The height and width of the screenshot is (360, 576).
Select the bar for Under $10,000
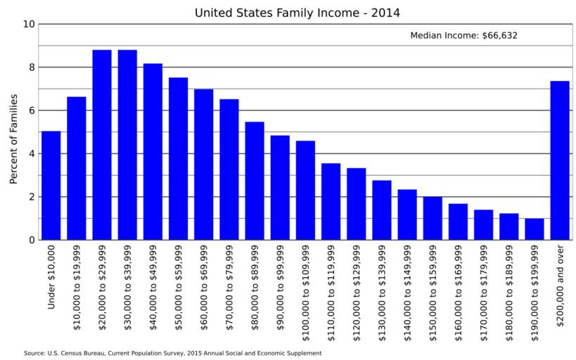click(51, 186)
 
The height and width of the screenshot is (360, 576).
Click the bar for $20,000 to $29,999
click(102, 145)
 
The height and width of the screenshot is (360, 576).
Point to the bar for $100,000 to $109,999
click(305, 191)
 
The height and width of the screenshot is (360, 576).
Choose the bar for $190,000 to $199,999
click(535, 229)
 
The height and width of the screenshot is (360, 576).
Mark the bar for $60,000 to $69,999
click(204, 165)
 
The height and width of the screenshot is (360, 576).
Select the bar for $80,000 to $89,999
click(255, 181)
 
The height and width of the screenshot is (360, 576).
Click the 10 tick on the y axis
click(29, 24)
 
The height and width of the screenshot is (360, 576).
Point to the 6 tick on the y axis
click(32, 110)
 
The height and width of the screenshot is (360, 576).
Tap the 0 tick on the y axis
click(32, 240)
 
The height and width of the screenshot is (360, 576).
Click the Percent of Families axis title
click(13, 139)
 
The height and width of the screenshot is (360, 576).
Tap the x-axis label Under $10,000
click(51, 277)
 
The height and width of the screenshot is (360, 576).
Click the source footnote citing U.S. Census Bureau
click(172, 353)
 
